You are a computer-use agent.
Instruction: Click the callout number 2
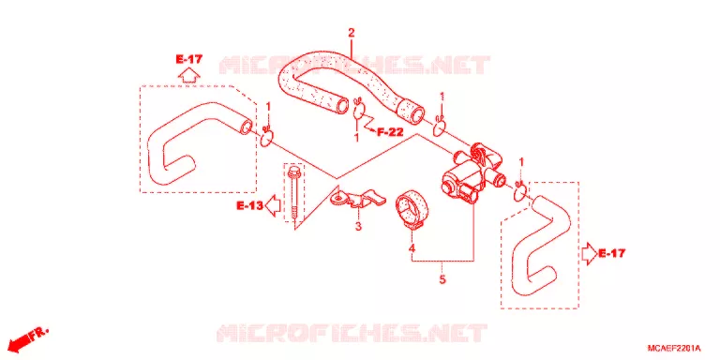tap(352, 33)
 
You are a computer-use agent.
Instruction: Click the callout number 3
tap(358, 226)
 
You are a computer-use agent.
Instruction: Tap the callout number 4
tap(412, 247)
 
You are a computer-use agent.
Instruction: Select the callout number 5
tap(442, 279)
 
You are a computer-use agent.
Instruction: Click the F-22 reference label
tap(390, 133)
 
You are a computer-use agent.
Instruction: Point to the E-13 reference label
tap(249, 206)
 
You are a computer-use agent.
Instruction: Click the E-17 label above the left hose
tap(188, 59)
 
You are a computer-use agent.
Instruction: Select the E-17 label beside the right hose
tap(611, 252)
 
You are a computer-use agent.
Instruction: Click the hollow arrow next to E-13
tap(274, 205)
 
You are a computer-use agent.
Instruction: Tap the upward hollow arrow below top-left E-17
tap(188, 74)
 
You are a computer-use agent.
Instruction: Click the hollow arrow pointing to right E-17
tap(589, 254)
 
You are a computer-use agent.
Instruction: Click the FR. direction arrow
tap(27, 338)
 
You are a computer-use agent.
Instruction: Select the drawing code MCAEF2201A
tap(674, 348)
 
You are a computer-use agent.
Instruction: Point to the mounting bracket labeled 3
tap(357, 198)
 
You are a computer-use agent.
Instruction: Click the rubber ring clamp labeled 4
tap(412, 211)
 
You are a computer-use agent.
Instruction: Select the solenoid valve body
tap(469, 172)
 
